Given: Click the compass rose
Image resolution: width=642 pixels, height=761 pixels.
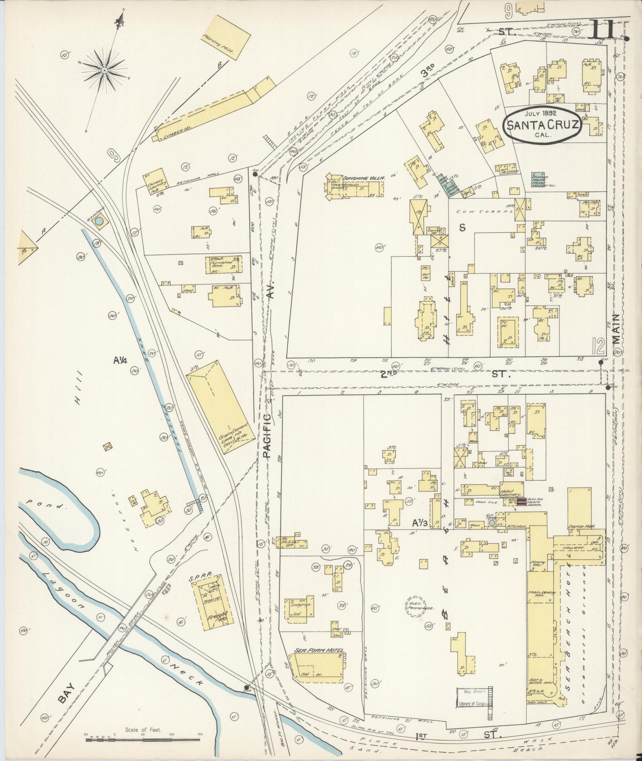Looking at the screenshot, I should point(104,70).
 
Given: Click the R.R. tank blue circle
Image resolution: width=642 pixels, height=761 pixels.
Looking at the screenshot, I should point(100,220).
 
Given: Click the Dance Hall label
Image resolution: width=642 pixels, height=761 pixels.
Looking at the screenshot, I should point(582,526).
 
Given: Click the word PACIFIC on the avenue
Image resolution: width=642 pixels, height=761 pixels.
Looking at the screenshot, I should point(267,437).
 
